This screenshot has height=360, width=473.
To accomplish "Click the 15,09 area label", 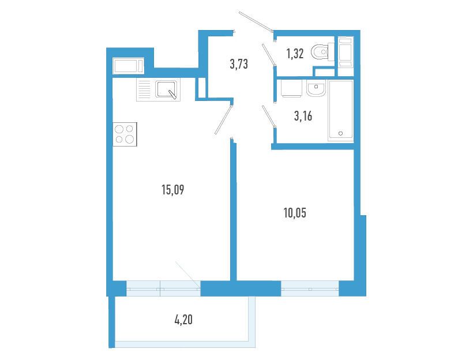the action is click(x=173, y=190).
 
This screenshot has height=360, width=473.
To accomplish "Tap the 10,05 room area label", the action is click(x=295, y=213).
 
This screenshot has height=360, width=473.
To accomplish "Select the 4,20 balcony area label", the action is click(x=183, y=319).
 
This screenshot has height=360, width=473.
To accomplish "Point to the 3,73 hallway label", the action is click(x=239, y=64).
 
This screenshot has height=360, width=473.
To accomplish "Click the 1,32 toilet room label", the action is click(x=295, y=54).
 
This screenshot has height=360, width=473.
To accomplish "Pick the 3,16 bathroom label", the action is click(x=303, y=116).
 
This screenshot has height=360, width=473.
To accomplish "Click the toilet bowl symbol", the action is click(x=322, y=52).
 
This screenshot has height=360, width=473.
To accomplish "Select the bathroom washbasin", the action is click(x=316, y=88).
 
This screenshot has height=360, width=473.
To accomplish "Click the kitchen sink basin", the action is click(x=166, y=89).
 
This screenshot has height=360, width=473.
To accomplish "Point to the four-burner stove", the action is click(x=125, y=134).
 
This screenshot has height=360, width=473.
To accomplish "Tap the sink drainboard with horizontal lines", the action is click(x=144, y=89).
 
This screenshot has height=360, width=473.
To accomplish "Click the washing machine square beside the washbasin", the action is click(x=291, y=88).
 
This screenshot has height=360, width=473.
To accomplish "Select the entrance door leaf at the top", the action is click(x=256, y=21).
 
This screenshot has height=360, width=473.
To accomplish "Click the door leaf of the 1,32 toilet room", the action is click(x=269, y=55).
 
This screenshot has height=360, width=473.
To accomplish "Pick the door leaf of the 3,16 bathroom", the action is click(x=269, y=116).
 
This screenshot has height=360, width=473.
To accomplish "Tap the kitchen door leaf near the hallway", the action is click(x=224, y=119).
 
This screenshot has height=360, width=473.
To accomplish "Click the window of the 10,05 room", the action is click(x=310, y=288).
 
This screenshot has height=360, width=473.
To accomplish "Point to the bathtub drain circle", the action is click(x=341, y=133).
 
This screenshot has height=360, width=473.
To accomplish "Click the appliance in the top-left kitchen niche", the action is click(x=128, y=66).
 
